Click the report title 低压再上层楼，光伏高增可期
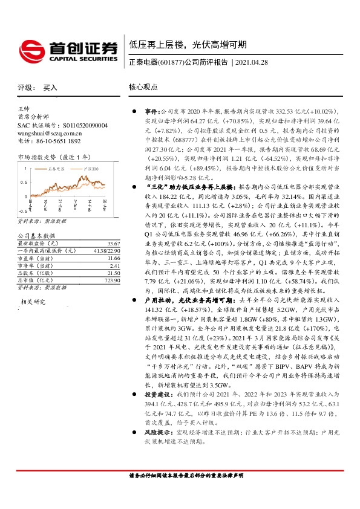coord(187,45)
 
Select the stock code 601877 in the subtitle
coord(171,62)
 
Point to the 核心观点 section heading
coord(143,88)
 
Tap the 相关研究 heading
coord(34,302)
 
